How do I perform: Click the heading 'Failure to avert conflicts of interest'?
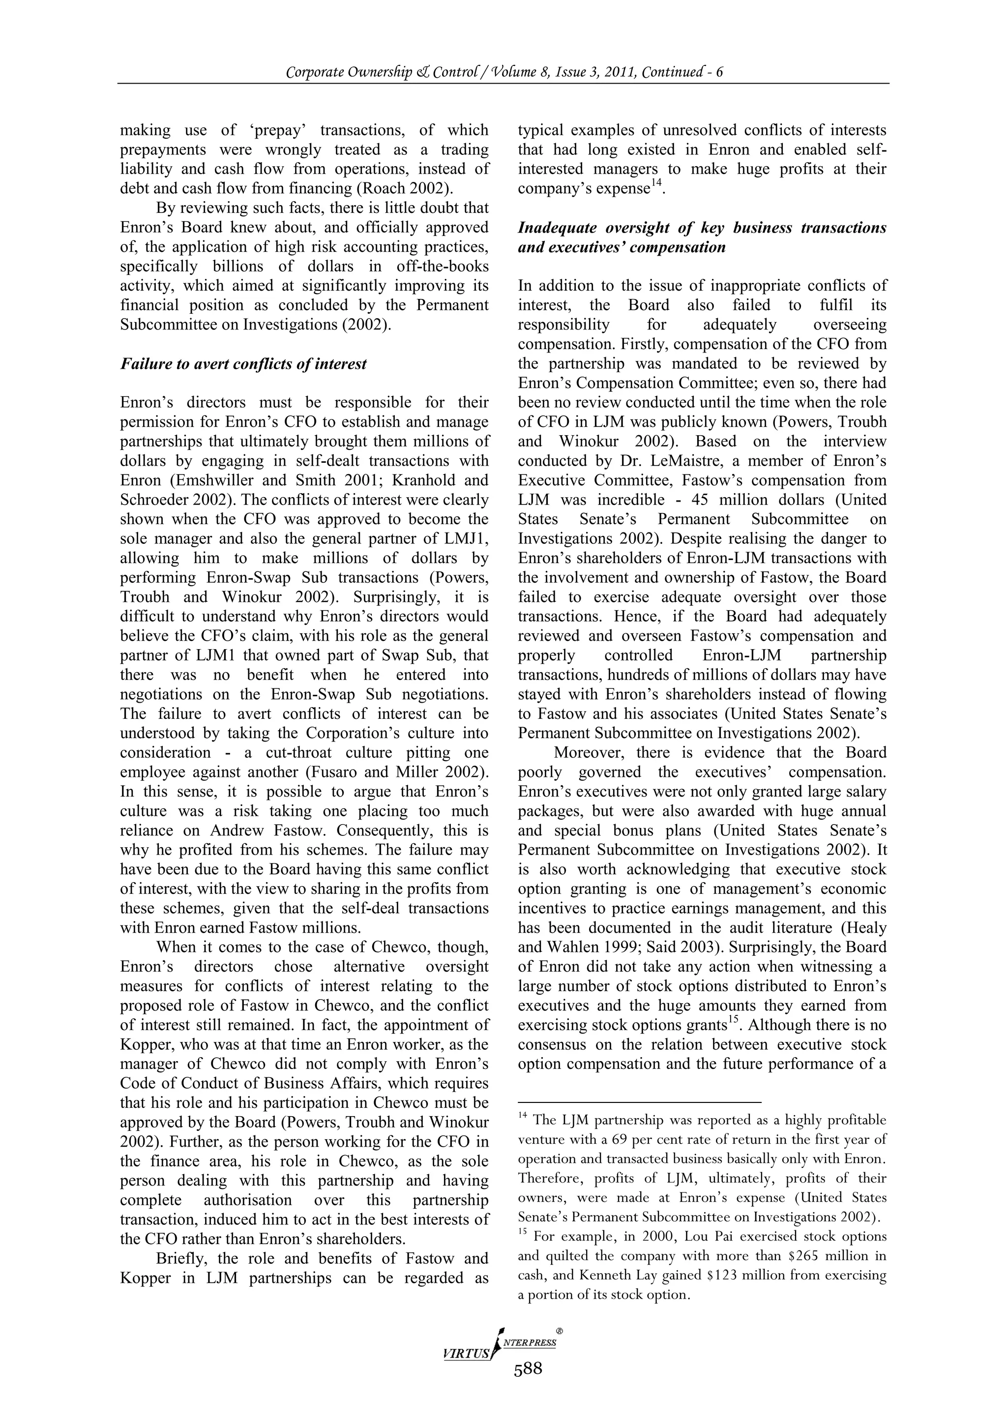click(x=243, y=363)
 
